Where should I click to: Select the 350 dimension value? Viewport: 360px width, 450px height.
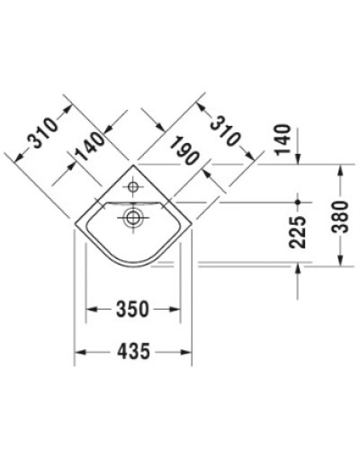(x=132, y=310)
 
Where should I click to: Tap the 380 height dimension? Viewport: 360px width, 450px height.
(x=339, y=216)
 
